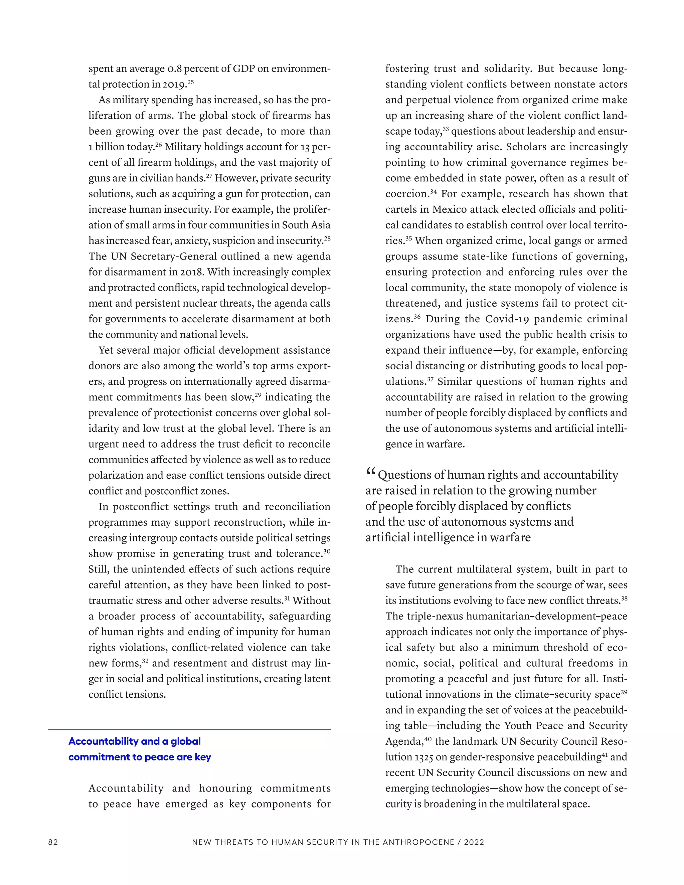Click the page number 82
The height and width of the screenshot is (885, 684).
click(53, 842)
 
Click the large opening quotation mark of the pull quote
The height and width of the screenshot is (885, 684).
click(370, 473)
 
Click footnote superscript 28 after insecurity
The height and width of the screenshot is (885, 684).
click(327, 238)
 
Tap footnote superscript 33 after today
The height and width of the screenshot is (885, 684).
click(446, 129)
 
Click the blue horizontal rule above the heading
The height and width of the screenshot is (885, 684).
click(189, 729)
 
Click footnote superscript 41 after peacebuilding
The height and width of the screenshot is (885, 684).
click(605, 754)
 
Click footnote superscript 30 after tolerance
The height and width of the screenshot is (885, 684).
click(327, 551)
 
